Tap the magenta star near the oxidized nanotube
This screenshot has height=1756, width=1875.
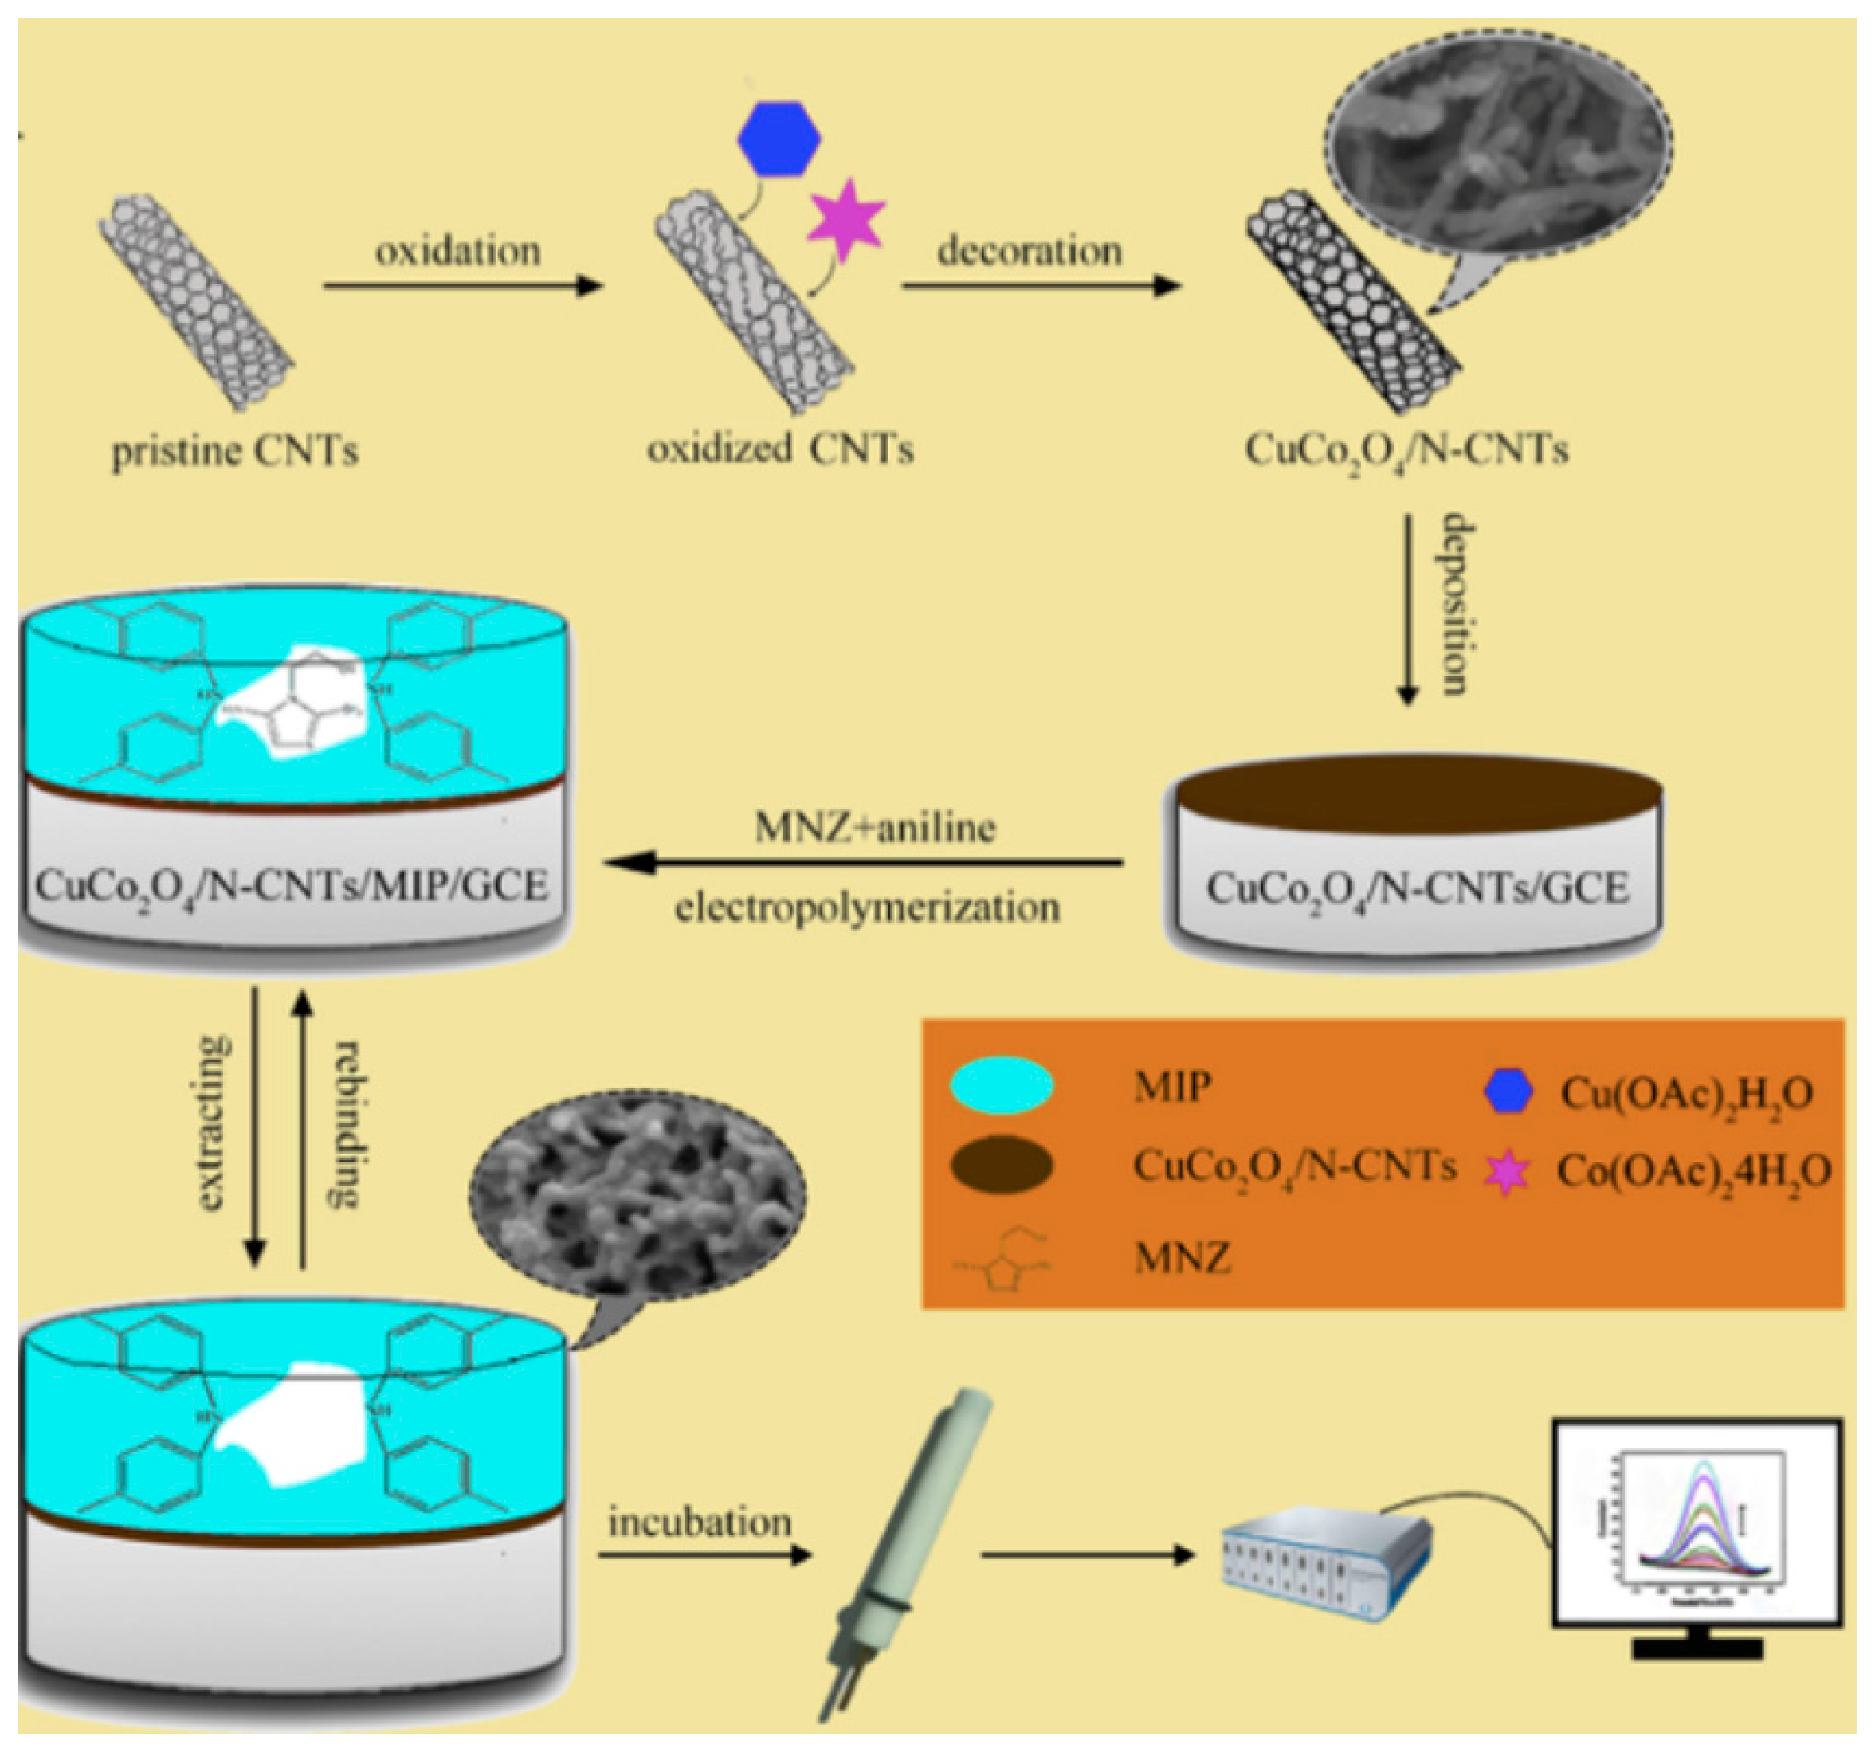[x=846, y=220]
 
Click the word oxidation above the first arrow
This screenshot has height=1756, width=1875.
[x=458, y=252]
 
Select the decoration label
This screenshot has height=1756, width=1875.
[x=1029, y=251]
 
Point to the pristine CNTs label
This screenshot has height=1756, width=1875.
[x=235, y=452]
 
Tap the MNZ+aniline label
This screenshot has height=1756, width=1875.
[x=874, y=827]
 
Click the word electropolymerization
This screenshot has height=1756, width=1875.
[x=867, y=907]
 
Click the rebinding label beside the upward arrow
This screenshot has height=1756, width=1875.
[x=346, y=1123]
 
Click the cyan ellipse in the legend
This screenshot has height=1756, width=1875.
[x=1001, y=1085]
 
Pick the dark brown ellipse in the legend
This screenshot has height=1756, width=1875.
[x=1001, y=1166]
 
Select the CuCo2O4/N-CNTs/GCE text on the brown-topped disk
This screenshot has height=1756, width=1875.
[x=1418, y=888]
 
